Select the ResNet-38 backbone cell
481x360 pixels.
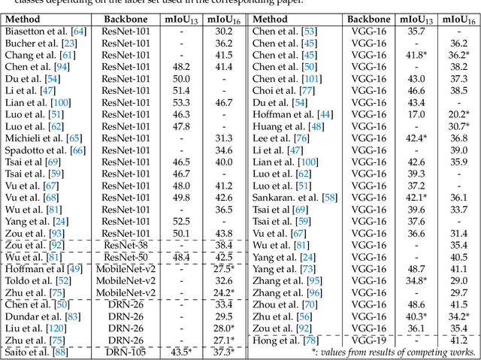tap(126, 245)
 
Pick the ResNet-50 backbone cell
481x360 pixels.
tap(126, 257)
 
